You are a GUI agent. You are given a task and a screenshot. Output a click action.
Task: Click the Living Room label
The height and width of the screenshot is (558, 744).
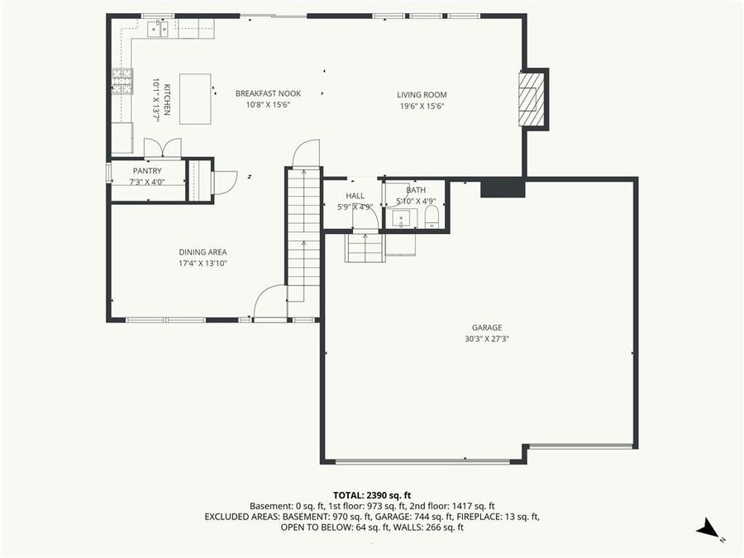[421, 94]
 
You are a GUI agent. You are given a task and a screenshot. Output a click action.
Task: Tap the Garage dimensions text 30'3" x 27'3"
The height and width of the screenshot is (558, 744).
[486, 338]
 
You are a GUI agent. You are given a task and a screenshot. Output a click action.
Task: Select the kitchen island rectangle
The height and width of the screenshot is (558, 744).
[195, 98]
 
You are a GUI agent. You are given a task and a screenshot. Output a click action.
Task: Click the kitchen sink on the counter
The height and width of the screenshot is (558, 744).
[157, 30]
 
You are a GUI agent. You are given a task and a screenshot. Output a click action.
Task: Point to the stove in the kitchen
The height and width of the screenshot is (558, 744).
[122, 80]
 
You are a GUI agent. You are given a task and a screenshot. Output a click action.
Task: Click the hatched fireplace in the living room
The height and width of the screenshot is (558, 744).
[531, 98]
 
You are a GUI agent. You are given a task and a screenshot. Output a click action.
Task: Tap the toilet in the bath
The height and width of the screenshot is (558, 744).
[432, 217]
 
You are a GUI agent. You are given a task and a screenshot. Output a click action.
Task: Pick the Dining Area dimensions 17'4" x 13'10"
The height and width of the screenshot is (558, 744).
[203, 263]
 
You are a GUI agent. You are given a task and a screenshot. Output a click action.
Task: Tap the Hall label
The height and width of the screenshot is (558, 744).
[355, 196]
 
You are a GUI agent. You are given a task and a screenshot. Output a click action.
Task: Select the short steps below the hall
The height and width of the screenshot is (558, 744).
[365, 247]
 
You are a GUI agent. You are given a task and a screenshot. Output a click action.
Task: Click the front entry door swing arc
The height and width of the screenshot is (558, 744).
[269, 302]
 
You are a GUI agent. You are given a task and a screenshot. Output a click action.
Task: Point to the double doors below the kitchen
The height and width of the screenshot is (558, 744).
[162, 149]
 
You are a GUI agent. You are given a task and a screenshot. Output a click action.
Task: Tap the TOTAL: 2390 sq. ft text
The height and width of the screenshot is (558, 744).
[371, 495]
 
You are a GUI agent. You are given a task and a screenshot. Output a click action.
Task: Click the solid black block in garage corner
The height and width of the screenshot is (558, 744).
[503, 188]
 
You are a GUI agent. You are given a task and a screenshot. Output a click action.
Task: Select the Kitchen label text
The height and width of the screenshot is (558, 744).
[167, 101]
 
